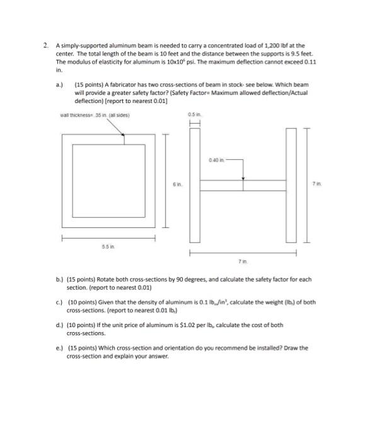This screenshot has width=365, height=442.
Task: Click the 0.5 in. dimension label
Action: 193,114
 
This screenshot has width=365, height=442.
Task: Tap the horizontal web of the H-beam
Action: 243,184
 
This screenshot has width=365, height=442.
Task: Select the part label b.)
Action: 60,279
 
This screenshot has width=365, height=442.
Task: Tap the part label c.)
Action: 60,301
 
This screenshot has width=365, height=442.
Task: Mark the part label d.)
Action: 60,324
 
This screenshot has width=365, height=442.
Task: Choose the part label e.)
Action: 60,347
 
